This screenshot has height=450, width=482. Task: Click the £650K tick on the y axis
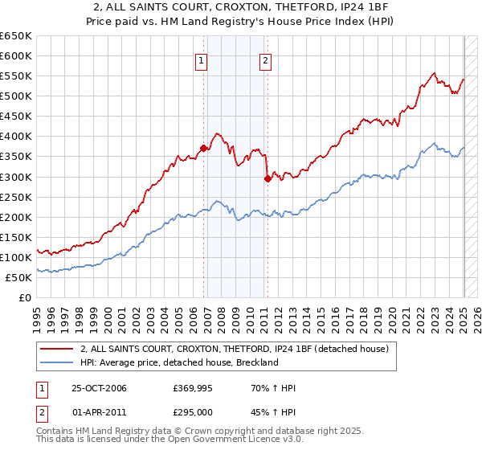pos(17,36)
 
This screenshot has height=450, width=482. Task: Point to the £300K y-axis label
pos(17,177)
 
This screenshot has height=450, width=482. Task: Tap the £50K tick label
pos(19,277)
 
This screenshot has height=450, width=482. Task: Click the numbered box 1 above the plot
pos(201,59)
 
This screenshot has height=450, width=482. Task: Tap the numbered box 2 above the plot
pos(265,59)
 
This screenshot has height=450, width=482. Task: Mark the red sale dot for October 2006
pos(204,148)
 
